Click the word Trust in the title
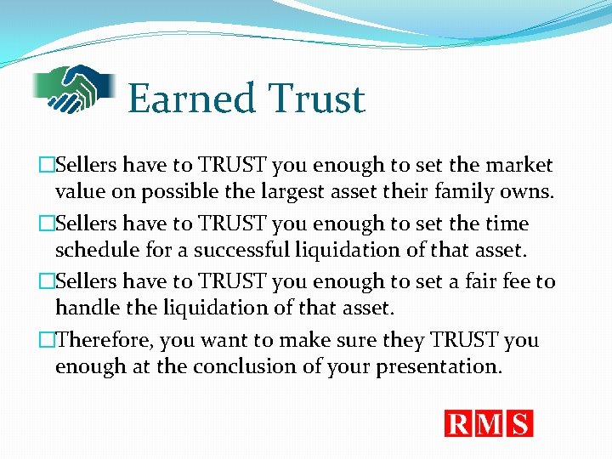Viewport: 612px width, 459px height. (x=317, y=99)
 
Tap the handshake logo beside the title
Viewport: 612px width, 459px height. (x=75, y=88)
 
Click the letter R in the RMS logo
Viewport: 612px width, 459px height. (x=458, y=423)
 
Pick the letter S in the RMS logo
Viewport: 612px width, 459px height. (x=519, y=423)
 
